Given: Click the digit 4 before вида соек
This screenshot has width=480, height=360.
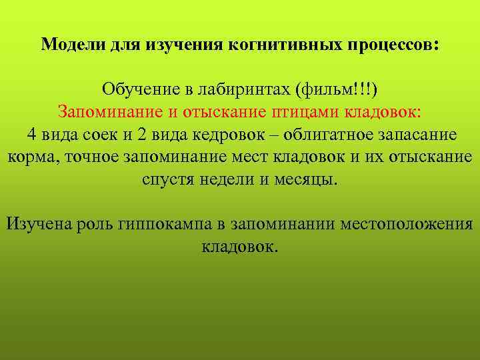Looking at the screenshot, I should [x=31, y=134].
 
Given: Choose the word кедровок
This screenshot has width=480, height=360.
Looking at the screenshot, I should [x=230, y=134].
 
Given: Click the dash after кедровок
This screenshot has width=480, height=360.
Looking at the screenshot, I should [x=275, y=134].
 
